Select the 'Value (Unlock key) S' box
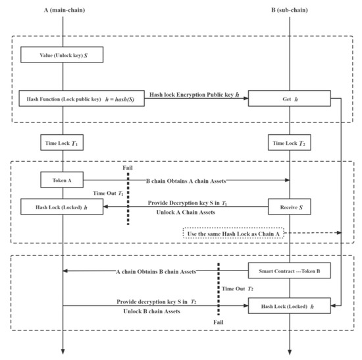pyautogui.click(x=63, y=55)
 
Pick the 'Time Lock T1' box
pyautogui.click(x=63, y=143)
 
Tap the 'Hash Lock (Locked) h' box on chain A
pyautogui.click(x=63, y=208)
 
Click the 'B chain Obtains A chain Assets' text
pyautogui.click(x=191, y=179)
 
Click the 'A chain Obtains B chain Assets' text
pyautogui.click(x=155, y=271)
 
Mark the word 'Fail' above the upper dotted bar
pyautogui.click(x=128, y=168)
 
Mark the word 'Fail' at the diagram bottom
pyautogui.click(x=219, y=323)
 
